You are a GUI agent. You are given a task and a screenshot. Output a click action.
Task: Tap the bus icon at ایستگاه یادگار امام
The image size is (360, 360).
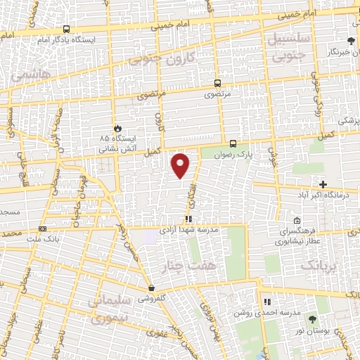[66, 30]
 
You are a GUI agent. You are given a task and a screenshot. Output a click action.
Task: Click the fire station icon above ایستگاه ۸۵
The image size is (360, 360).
[117, 129]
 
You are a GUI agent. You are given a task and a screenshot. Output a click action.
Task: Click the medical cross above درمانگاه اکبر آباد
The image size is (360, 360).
[323, 184]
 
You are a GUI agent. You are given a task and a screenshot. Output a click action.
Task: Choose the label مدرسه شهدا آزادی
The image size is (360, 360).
[189, 229]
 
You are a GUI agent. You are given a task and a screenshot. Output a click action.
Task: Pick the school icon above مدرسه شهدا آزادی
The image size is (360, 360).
[188, 219]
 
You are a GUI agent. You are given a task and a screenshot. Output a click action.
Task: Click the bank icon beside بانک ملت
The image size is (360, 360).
[44, 229]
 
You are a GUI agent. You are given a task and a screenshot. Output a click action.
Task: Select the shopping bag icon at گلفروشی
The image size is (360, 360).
[151, 288]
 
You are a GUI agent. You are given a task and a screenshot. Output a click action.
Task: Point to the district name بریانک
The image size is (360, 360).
[319, 266]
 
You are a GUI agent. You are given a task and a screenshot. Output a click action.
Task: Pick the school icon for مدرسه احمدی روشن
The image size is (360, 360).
[266, 302]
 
